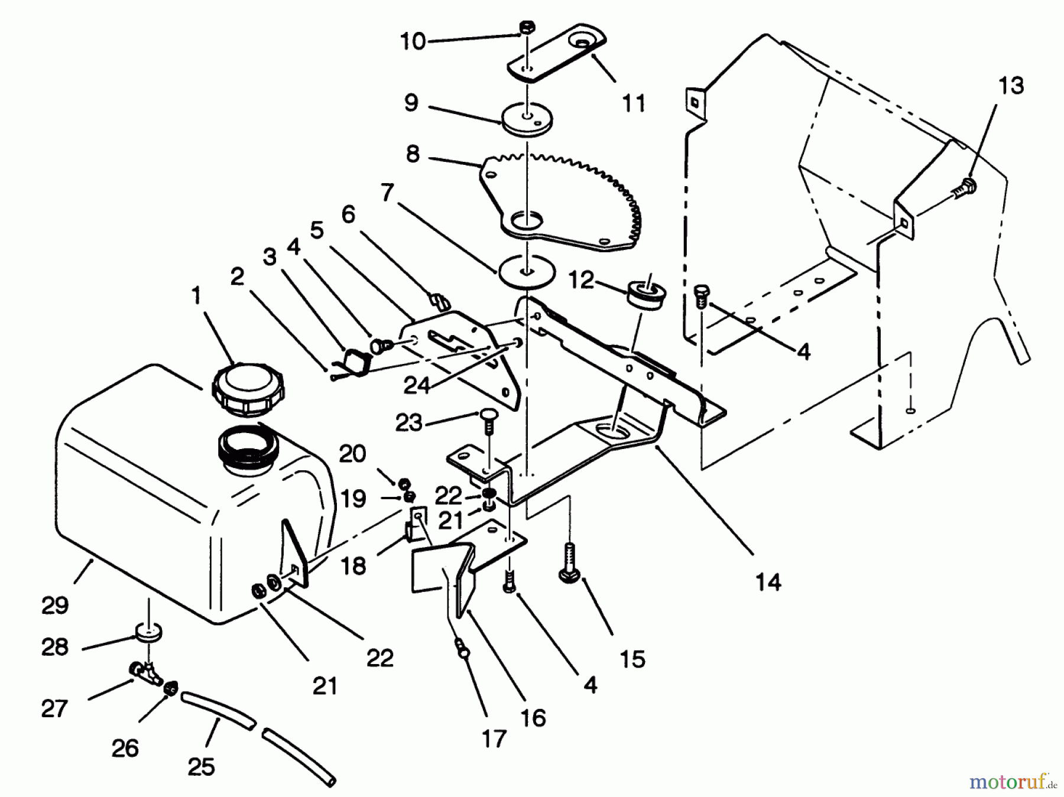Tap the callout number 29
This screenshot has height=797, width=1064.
[55, 604]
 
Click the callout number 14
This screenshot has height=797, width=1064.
[768, 582]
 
